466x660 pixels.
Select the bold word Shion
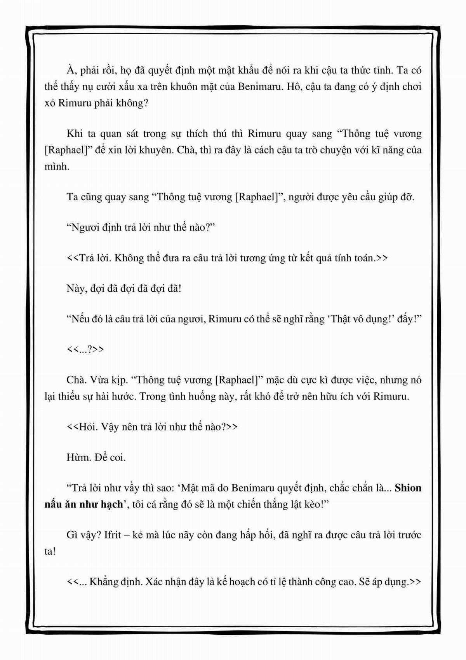408,488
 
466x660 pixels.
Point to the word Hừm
78,457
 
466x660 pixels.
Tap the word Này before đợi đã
75,289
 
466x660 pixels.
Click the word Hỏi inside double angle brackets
87,427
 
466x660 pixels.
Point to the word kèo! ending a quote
320,504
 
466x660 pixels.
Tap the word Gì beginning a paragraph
73,535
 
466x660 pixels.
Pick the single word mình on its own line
56,166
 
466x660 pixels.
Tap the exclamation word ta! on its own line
50,551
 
